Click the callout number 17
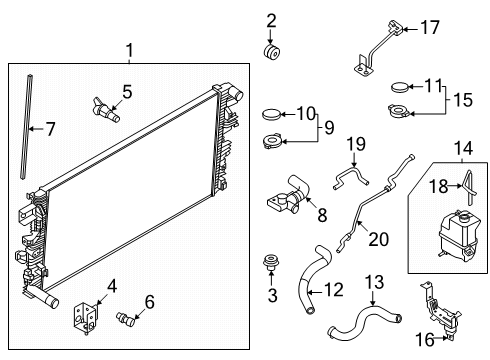430,27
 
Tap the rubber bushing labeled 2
272,52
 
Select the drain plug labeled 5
106,110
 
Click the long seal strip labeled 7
27,127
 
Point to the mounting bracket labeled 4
85,317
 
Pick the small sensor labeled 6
125,319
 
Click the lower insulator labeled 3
271,263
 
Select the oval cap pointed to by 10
272,114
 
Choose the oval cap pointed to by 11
399,87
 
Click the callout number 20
378,239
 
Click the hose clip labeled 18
469,187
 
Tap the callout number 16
425,340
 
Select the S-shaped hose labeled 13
364,321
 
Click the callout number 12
333,290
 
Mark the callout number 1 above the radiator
129,51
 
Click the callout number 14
463,148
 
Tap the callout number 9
329,127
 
